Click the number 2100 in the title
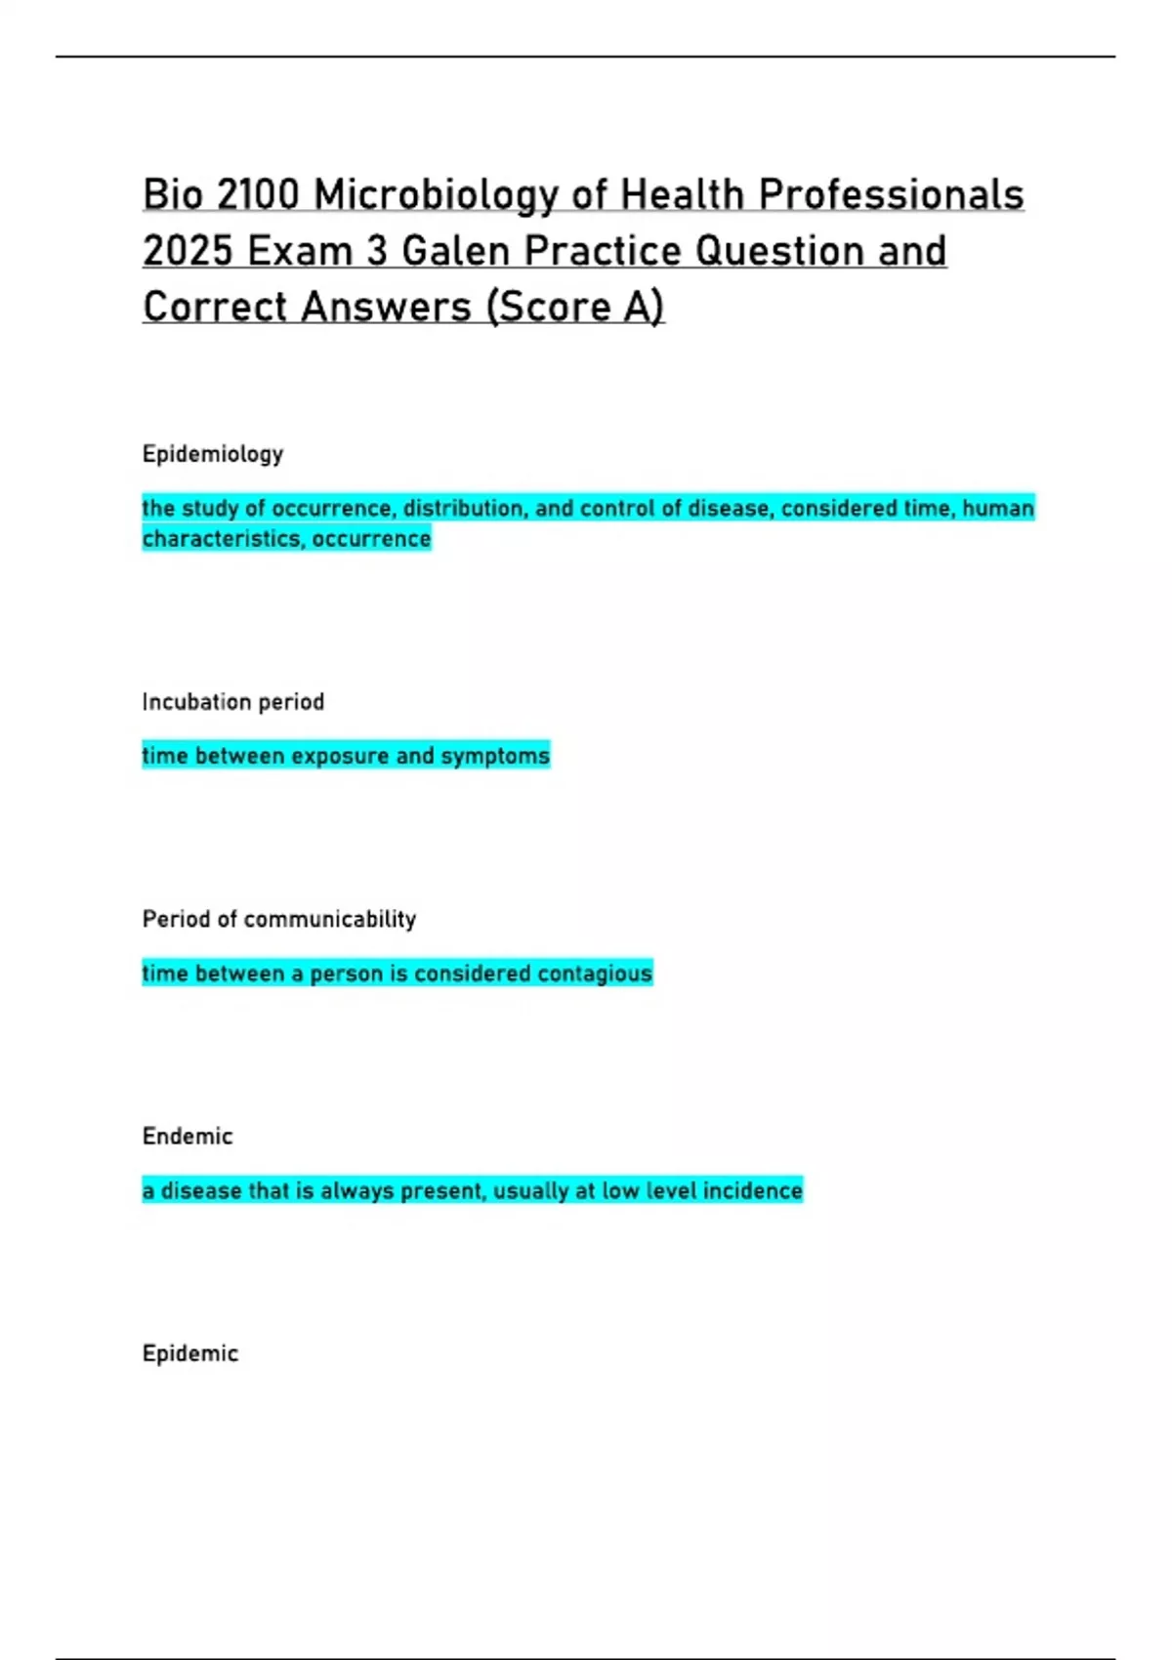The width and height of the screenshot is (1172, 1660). (258, 195)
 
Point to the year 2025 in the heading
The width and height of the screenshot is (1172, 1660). (188, 252)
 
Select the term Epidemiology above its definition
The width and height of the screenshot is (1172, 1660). (213, 455)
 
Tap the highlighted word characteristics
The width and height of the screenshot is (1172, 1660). (222, 539)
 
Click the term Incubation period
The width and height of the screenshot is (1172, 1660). (233, 702)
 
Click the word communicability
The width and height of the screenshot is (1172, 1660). (330, 920)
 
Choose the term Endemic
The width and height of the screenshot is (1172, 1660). (188, 1137)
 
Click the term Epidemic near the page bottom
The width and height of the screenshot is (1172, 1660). (190, 1354)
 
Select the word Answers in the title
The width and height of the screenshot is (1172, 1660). (387, 308)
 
